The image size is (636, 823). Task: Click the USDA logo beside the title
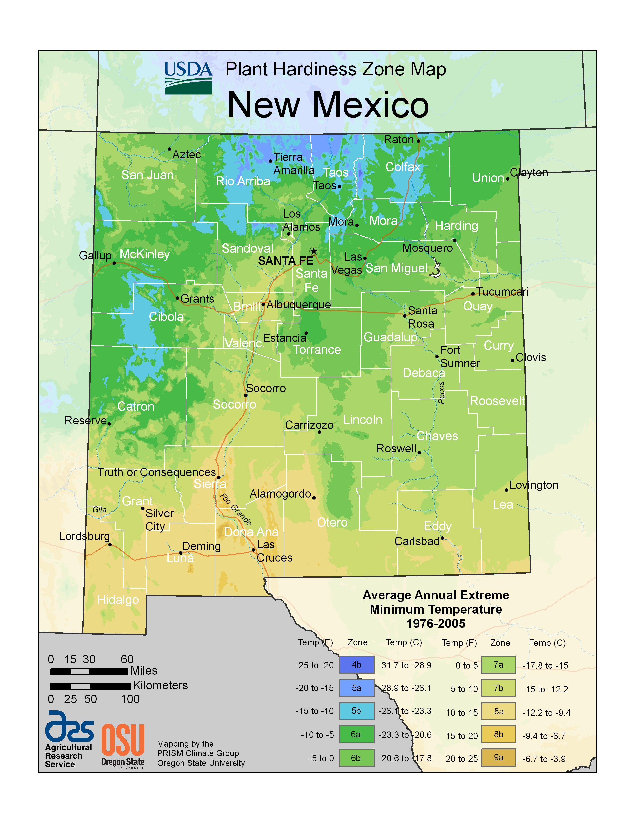tap(188, 78)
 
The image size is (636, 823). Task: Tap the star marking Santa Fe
tap(314, 251)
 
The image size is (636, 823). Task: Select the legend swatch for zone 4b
tap(356, 664)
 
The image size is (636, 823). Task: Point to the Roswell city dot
tap(419, 453)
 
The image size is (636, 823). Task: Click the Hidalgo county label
tap(118, 600)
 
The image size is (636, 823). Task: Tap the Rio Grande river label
tap(236, 510)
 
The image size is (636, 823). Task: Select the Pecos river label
tap(441, 393)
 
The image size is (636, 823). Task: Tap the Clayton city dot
tap(508, 179)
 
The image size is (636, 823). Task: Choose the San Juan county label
tap(147, 175)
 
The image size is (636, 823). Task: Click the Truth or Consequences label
tap(157, 472)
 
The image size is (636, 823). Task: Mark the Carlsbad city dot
tap(442, 538)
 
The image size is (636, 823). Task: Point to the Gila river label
tap(100, 510)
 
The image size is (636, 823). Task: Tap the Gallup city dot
tap(114, 263)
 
